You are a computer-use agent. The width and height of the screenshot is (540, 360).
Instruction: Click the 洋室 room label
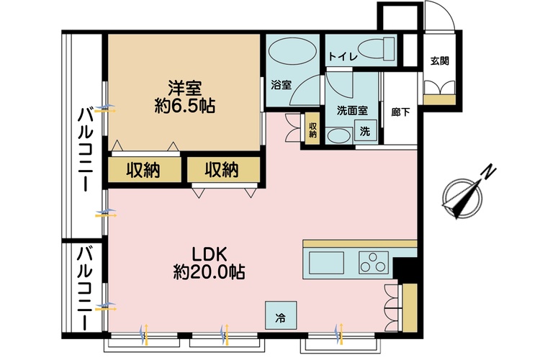click(184, 89)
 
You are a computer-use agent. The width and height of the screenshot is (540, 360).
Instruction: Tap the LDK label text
click(209, 255)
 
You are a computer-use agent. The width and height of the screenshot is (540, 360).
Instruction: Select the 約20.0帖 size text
click(209, 272)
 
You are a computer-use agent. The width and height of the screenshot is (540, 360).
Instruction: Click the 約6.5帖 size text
click(184, 106)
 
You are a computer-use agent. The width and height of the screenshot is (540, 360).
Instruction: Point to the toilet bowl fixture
click(376, 49)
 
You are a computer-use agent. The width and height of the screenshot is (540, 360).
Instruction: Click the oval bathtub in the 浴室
click(292, 51)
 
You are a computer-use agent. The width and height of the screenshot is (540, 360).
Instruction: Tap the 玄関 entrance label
click(440, 61)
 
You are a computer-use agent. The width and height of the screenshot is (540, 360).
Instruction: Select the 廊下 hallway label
click(400, 112)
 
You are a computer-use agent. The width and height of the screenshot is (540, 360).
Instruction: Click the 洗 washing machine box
click(365, 132)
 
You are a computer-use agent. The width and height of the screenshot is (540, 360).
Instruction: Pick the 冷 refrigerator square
click(281, 315)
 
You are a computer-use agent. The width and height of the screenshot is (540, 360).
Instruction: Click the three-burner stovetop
click(374, 263)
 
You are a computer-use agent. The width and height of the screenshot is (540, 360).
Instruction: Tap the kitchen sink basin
click(326, 263)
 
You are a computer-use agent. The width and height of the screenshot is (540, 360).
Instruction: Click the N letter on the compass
click(488, 172)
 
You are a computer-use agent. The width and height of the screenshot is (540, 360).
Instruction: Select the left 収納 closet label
click(143, 169)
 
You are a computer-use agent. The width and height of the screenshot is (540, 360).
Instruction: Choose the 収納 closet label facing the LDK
click(222, 169)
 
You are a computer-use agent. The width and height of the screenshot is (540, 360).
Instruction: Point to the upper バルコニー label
click(86, 150)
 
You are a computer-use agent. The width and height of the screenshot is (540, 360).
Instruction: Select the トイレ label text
click(343, 56)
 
